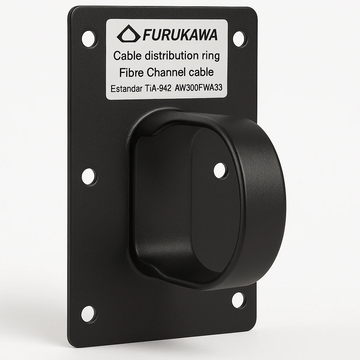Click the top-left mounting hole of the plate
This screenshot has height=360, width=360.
click(89, 39)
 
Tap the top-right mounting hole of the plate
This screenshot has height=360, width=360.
click(239, 39)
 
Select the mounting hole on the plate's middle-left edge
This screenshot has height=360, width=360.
click(89, 176)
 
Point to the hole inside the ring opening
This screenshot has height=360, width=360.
click(220, 171)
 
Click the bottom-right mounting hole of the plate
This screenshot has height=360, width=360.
click(238, 300)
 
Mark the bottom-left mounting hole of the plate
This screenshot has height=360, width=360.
click(88, 314)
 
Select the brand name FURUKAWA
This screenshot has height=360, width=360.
click(180, 35)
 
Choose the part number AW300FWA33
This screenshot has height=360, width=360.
click(198, 88)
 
